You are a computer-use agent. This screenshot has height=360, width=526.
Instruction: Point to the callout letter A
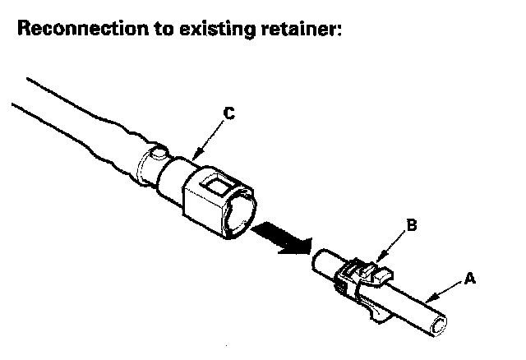pyautogui.click(x=471, y=278)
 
